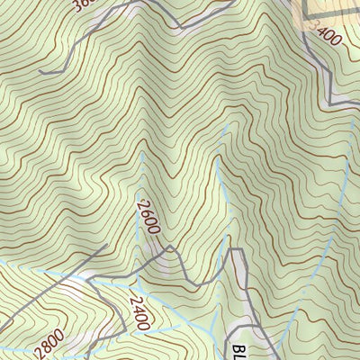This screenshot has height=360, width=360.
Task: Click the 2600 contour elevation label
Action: point(148,216)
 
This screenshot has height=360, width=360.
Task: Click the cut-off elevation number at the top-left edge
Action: point(82,5)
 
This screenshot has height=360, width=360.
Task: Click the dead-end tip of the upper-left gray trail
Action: point(41,72)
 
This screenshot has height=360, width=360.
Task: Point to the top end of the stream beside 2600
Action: point(141,153)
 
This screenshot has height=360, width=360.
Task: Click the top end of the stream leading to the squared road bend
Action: point(217,159)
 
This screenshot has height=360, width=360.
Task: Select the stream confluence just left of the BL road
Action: point(216,324)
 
